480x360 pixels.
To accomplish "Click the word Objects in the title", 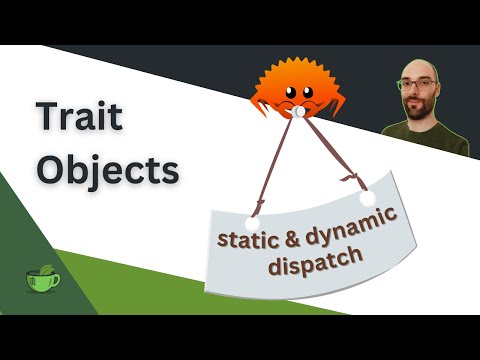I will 107,170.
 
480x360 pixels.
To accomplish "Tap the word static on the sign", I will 244,240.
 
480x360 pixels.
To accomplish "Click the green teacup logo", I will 42,280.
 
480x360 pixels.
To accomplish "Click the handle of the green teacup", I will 55,280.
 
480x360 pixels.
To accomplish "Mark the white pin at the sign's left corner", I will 253,222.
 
